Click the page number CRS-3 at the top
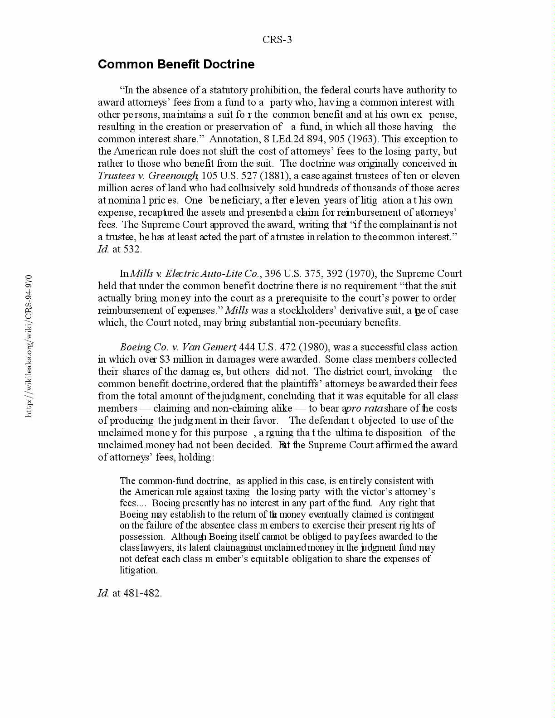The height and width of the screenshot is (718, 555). (x=277, y=40)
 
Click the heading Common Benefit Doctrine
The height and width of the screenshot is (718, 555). (x=176, y=64)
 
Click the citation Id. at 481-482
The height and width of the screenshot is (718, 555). (x=130, y=593)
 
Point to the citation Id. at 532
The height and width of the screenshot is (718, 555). (x=120, y=249)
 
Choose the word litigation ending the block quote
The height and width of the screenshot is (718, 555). (x=138, y=570)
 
